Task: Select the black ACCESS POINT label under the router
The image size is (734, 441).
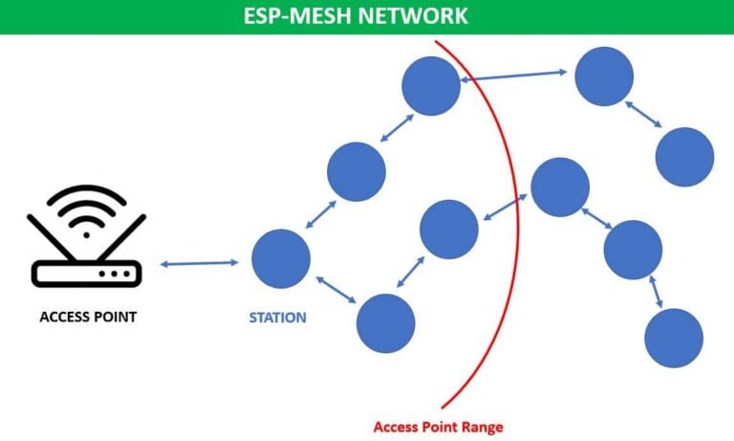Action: coord(87,317)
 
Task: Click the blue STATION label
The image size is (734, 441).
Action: coord(277,317)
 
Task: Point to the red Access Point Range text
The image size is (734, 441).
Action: coord(438,426)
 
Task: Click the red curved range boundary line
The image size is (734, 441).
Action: coord(516,220)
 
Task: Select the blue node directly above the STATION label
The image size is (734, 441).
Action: coord(281,258)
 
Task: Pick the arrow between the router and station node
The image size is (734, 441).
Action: coord(199,263)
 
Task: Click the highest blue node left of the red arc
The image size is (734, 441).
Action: coord(431,86)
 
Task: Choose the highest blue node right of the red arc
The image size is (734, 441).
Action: coord(604,77)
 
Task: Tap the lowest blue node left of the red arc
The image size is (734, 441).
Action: coord(385,323)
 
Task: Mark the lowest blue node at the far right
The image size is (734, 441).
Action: coord(675,338)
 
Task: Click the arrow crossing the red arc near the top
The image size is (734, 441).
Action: coord(516,76)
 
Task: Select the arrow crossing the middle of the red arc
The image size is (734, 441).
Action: coord(505,208)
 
